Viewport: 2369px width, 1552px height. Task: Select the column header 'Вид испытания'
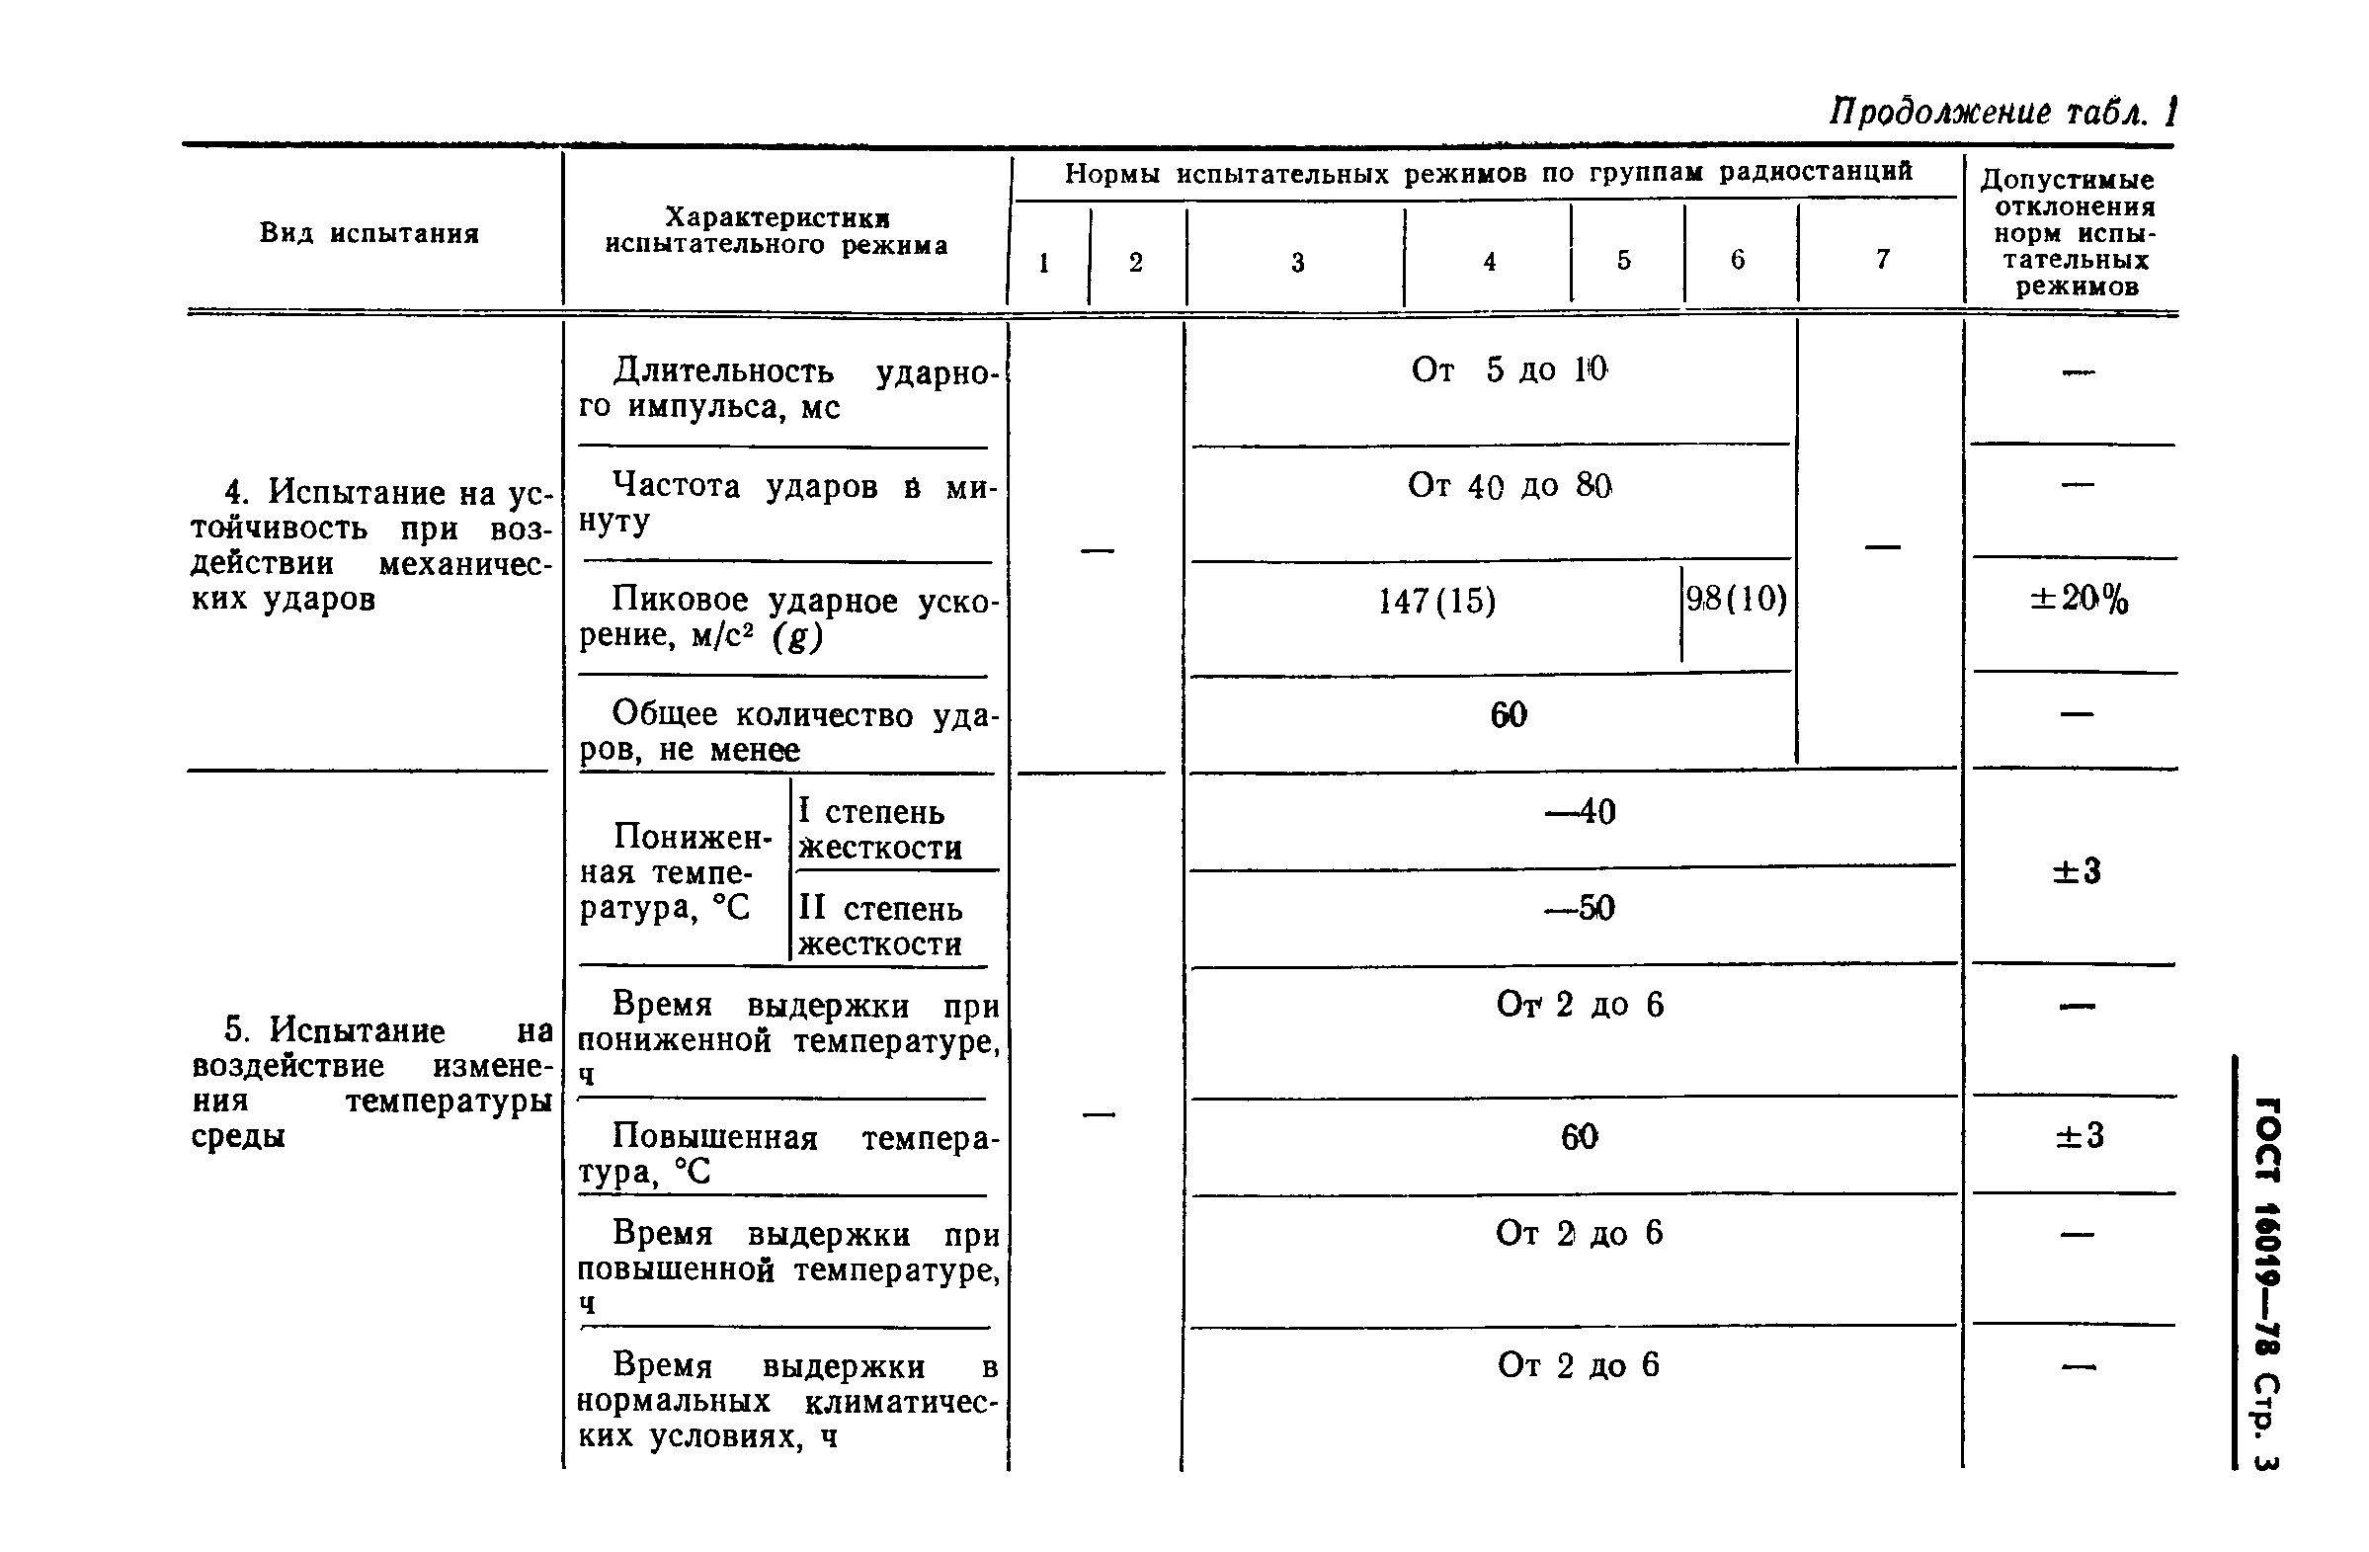pos(369,233)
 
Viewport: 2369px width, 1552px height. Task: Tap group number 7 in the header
pos(1882,260)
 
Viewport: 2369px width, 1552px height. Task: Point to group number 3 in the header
pos(1297,263)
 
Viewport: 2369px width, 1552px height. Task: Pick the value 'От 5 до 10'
pos(1508,370)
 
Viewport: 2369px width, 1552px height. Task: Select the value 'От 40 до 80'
pos(1508,486)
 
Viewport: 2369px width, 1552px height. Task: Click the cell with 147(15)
pos(1436,602)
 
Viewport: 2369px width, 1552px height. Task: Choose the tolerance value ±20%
pos(2079,600)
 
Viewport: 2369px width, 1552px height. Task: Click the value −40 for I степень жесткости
pos(1580,812)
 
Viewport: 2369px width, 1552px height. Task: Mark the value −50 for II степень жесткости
pos(1580,908)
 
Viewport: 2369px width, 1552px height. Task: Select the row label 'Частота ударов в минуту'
pos(786,503)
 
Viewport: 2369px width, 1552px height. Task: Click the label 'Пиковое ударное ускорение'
pos(786,617)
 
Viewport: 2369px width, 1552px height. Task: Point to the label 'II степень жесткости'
pos(880,926)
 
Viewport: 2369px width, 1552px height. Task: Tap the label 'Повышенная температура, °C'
pos(786,1154)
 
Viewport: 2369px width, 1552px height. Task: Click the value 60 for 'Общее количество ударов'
pos(1508,715)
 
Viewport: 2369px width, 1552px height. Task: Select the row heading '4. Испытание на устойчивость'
pos(370,544)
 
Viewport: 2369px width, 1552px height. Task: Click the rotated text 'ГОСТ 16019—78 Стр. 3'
pos(2266,1283)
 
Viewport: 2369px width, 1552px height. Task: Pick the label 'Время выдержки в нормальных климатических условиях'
pos(786,1401)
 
